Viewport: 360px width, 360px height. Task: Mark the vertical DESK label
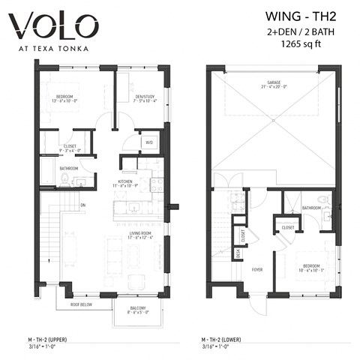click(x=238, y=254)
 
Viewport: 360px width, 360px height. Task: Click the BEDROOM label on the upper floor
click(x=64, y=97)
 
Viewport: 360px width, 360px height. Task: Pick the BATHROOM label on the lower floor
click(x=312, y=207)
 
